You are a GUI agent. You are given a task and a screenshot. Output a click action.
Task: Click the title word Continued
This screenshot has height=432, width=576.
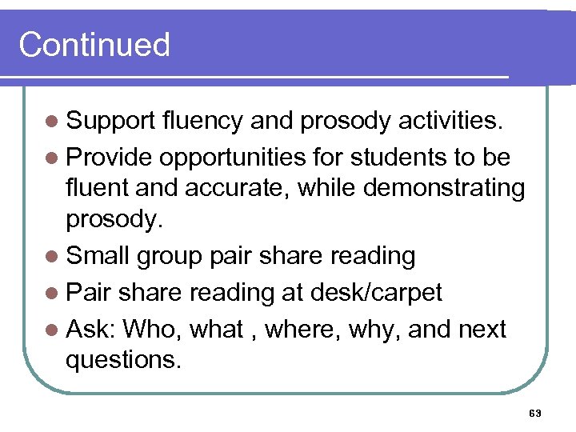(94, 45)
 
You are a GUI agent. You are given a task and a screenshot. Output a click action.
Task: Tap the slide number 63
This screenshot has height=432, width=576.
(536, 413)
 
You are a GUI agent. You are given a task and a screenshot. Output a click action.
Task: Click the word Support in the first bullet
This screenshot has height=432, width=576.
(110, 122)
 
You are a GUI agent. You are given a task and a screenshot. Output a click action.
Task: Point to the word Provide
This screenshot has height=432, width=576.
(110, 158)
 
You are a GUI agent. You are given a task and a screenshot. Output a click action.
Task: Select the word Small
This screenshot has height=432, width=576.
(99, 256)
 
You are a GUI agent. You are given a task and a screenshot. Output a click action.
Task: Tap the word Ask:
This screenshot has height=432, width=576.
(91, 328)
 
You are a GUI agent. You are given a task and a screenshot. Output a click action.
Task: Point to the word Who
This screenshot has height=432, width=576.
(150, 328)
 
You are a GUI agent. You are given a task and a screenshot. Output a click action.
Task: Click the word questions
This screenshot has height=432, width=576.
(123, 359)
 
